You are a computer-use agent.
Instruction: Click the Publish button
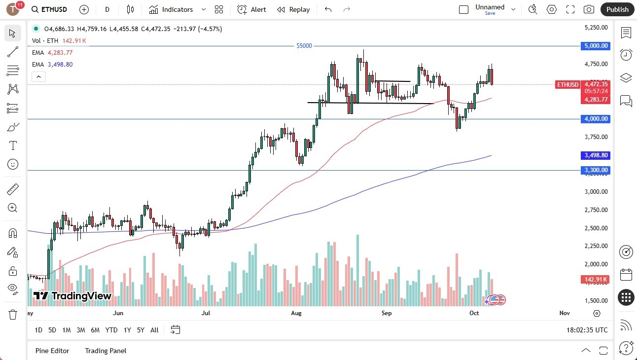[x=617, y=9]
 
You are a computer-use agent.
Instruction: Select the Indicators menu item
[x=171, y=9]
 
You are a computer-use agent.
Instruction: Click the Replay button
[x=293, y=9]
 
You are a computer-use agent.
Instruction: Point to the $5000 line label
[x=304, y=46]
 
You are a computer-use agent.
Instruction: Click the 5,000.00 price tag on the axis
[x=596, y=46]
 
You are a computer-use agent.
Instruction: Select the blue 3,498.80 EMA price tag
[x=596, y=155]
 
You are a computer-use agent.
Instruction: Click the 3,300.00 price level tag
[x=596, y=170]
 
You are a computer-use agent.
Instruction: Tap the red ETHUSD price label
[x=567, y=85]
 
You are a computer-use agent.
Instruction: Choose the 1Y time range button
[x=127, y=330]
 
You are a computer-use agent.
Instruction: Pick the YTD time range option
[x=111, y=330]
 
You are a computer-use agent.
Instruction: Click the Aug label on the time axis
[x=296, y=313]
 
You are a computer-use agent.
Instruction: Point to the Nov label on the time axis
[x=565, y=313]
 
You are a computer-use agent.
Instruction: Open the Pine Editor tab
[x=52, y=351]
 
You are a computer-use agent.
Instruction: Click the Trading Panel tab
[x=106, y=351]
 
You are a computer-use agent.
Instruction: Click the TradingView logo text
[x=72, y=296]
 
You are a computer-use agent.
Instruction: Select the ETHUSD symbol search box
[x=49, y=9]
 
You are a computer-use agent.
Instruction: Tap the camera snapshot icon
[x=589, y=9]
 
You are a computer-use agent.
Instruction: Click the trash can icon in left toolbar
[x=13, y=314]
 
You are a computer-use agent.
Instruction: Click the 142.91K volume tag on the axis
[x=596, y=280]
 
